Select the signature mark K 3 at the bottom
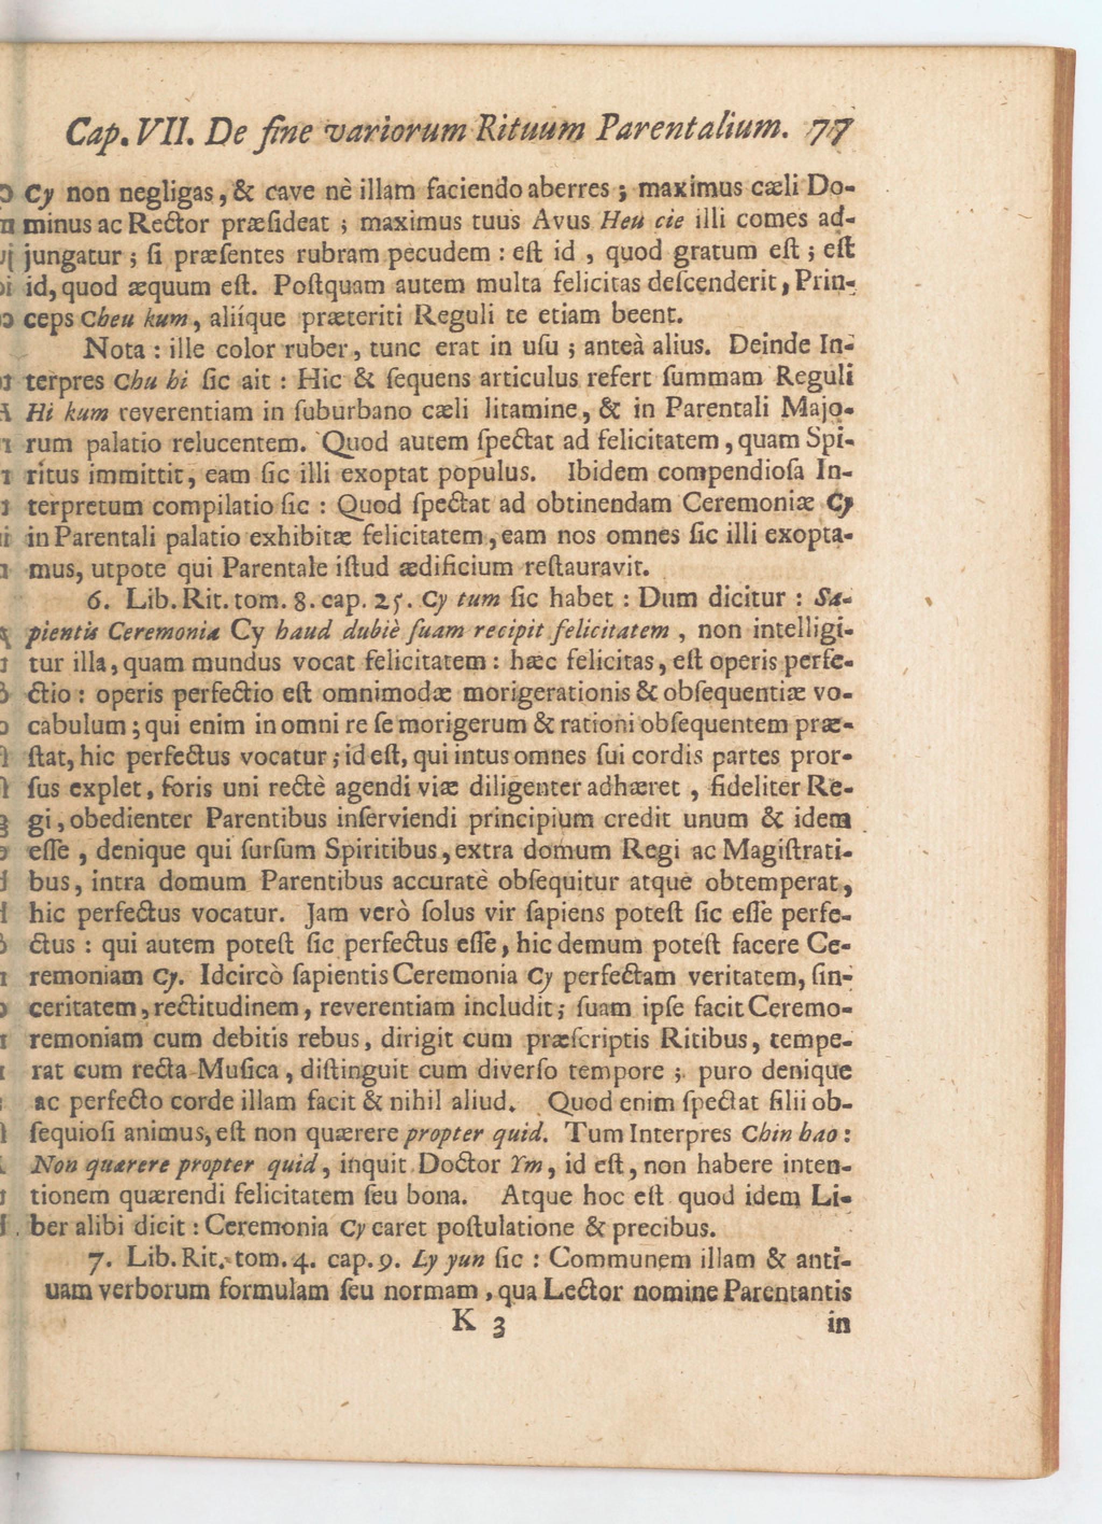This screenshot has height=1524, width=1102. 478,1322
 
